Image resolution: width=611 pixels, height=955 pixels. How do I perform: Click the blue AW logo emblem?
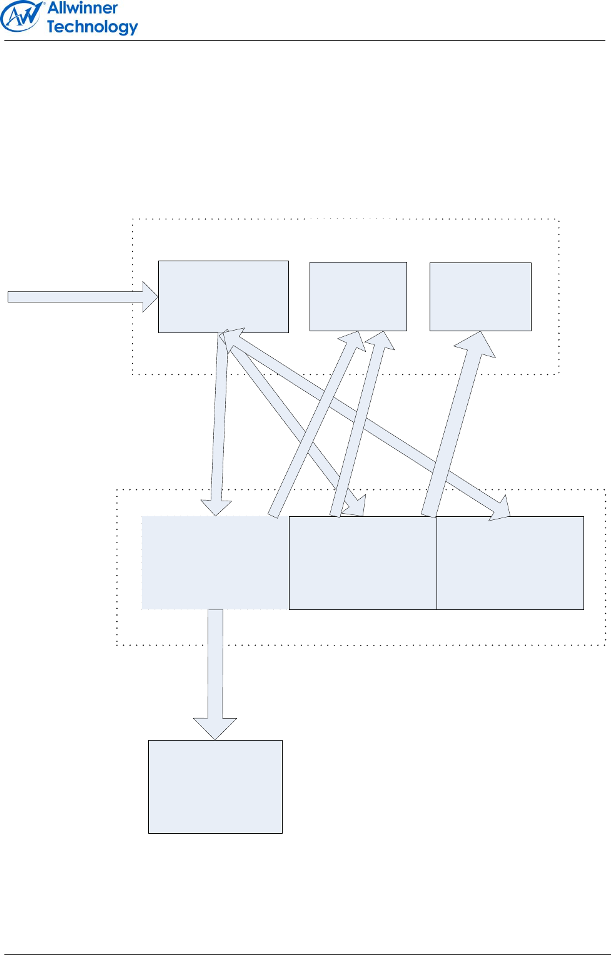[21, 17]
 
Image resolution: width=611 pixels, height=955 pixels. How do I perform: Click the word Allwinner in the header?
[83, 8]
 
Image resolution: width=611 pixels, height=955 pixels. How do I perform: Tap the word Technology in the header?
[92, 27]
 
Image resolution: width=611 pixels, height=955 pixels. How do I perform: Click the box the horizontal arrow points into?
[223, 296]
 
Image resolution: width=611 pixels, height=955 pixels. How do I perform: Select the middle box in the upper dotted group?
[358, 296]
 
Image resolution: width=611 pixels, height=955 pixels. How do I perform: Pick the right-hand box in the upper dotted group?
[480, 296]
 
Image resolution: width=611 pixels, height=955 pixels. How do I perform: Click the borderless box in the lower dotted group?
[215, 562]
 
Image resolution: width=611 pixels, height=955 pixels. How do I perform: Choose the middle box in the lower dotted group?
[363, 562]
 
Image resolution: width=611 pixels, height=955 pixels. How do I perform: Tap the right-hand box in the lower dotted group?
[510, 562]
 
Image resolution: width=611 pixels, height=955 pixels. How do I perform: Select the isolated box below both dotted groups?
[215, 786]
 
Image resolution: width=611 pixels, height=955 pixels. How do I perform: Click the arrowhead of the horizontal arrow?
[150, 296]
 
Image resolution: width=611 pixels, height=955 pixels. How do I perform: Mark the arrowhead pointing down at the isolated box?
[215, 728]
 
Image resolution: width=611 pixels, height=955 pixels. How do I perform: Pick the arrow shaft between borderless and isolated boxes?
[215, 662]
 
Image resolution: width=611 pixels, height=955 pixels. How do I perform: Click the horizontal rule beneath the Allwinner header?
[305, 41]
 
